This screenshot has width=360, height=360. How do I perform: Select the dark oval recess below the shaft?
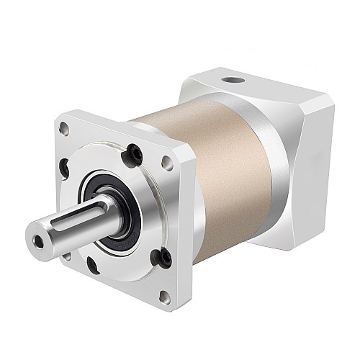point(92,265)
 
